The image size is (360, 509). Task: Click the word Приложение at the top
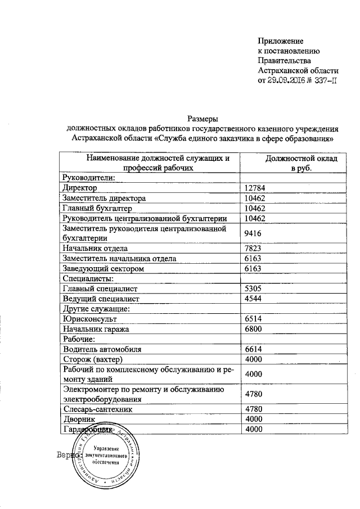click(281, 41)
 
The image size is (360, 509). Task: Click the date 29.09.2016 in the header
click(289, 81)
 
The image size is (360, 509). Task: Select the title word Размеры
click(201, 119)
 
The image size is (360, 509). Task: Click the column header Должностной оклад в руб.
click(301, 164)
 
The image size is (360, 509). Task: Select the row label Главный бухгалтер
click(96, 208)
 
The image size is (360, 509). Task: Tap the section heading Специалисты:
click(89, 279)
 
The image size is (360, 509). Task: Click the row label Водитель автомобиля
click(102, 349)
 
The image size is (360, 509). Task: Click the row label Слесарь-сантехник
click(98, 410)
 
